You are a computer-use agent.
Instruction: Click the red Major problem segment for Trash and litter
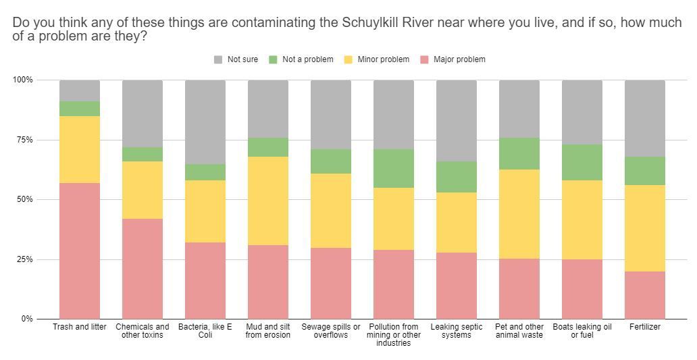pos(80,251)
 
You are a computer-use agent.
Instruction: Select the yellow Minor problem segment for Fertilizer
pos(645,228)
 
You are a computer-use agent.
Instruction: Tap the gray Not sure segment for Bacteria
pos(205,122)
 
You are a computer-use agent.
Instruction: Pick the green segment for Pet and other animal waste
pos(519,154)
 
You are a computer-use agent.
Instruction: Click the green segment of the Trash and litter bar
pos(80,109)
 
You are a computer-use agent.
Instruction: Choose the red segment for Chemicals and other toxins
pos(143,268)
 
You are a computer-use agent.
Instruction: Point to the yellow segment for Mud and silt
pos(268,201)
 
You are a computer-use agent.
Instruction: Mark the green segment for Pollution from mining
pos(394,168)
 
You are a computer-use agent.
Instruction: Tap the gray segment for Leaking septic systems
pos(457,121)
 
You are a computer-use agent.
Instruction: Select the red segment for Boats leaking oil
pos(582,288)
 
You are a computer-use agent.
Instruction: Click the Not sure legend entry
pos(236,59)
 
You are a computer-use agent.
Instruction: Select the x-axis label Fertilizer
pos(645,327)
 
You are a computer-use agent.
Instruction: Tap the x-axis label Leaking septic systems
pos(457,331)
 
